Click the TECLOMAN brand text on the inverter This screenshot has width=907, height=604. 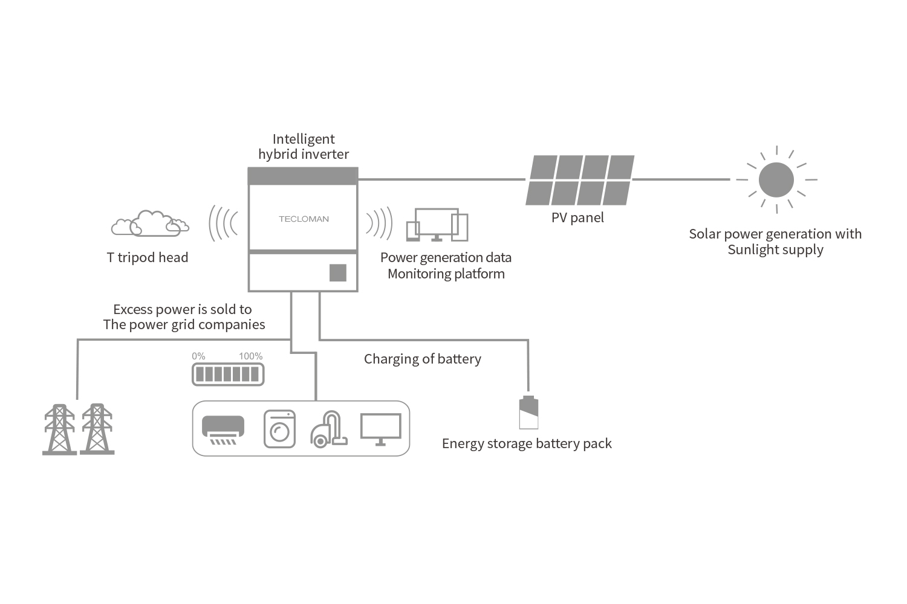pos(304,219)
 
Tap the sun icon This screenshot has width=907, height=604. pos(776,179)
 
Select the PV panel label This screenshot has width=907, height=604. pos(577,217)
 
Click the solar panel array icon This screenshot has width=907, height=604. pos(580,180)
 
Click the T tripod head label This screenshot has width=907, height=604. pos(148,257)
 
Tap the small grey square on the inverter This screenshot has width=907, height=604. pos(337,272)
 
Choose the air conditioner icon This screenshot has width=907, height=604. pos(223,430)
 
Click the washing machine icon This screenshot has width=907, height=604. pos(279,429)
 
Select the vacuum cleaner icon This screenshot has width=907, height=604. pos(329,429)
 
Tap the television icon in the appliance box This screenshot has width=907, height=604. pos(380,429)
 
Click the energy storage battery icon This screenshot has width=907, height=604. pos(528,413)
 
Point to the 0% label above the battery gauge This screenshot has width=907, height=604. pos(198,356)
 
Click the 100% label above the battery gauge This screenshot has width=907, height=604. pos(251,356)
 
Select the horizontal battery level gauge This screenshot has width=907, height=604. pos(228,374)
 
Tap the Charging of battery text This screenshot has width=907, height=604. pos(422,359)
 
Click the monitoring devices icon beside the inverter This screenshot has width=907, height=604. pos(437,225)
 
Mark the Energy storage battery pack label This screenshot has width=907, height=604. pos(527,443)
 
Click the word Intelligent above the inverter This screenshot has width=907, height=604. pos(304,139)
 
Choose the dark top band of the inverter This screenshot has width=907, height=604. pos(303,176)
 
